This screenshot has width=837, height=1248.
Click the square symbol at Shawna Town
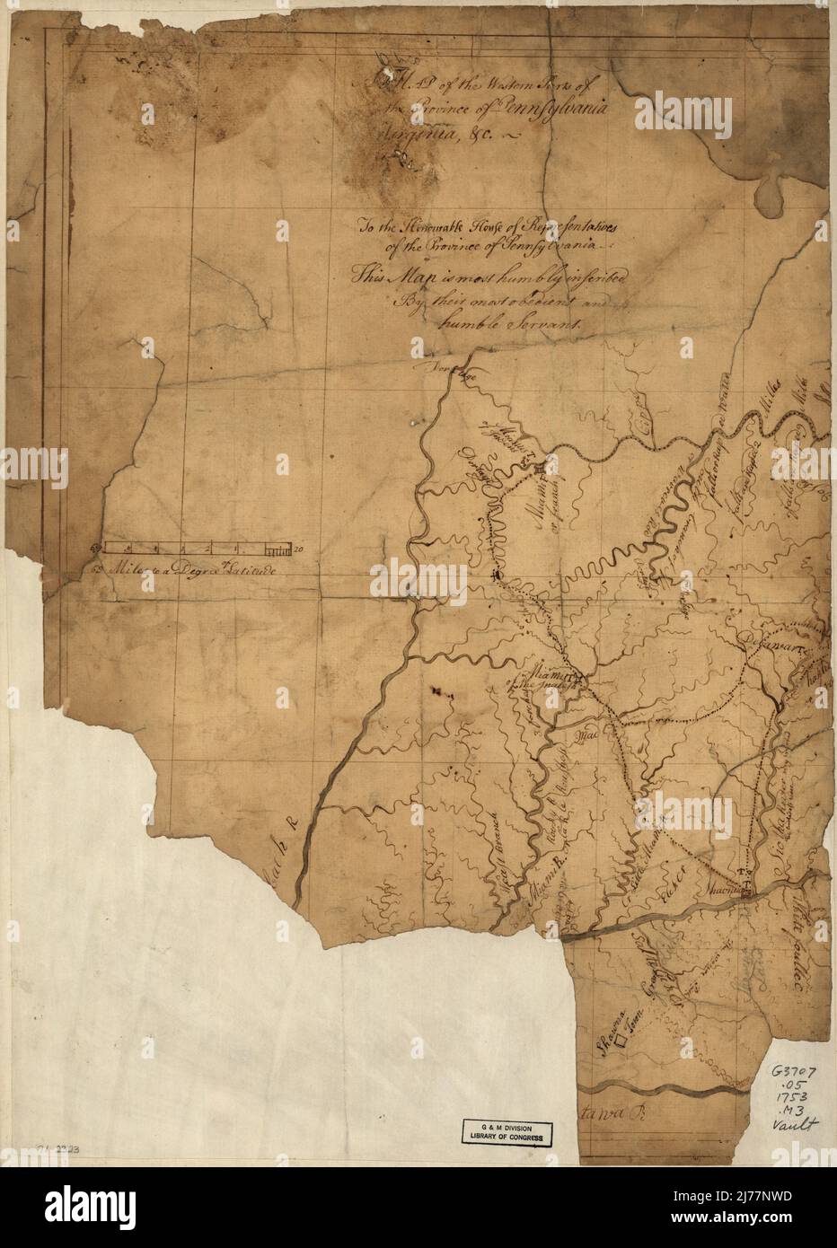point(620,1041)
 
